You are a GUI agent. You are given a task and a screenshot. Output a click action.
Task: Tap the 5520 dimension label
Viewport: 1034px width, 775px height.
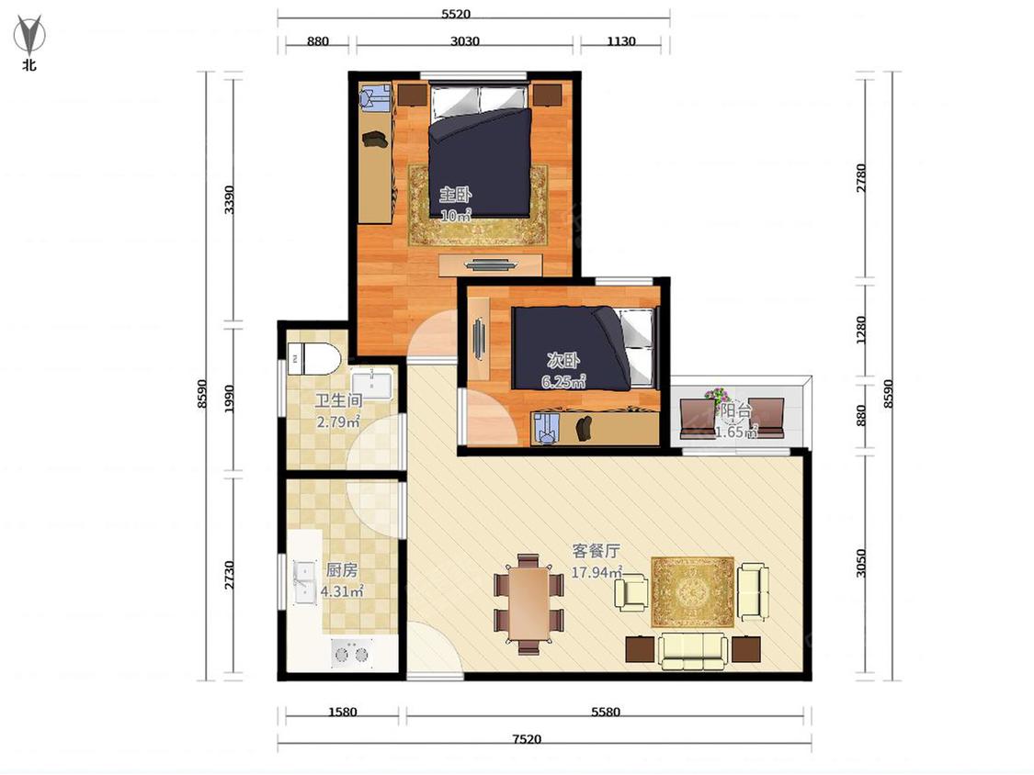pyautogui.click(x=456, y=14)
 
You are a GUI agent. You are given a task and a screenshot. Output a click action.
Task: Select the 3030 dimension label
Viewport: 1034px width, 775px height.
pyautogui.click(x=465, y=40)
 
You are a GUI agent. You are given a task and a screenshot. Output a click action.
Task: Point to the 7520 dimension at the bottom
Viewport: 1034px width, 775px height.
pyautogui.click(x=527, y=739)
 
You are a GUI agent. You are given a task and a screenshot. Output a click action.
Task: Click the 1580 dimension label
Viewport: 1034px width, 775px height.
pyautogui.click(x=342, y=712)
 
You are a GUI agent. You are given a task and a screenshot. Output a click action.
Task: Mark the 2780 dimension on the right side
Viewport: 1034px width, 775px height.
pyautogui.click(x=861, y=178)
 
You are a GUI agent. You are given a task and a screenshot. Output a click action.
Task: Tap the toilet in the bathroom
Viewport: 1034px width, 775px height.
pyautogui.click(x=313, y=359)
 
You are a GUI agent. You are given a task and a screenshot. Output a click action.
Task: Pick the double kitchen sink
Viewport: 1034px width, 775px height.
pyautogui.click(x=304, y=582)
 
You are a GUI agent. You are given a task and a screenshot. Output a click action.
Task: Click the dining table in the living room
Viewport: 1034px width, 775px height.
pyautogui.click(x=528, y=603)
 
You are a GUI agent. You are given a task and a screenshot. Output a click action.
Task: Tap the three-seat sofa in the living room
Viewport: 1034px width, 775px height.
pyautogui.click(x=692, y=651)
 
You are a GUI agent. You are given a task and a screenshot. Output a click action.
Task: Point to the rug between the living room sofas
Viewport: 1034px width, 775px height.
pyautogui.click(x=692, y=592)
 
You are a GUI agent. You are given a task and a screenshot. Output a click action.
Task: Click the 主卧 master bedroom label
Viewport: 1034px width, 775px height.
pyautogui.click(x=456, y=195)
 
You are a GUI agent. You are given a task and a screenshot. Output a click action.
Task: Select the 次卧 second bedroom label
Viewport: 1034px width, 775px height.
pyautogui.click(x=563, y=360)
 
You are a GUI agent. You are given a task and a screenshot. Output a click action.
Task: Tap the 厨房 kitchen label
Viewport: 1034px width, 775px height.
pyautogui.click(x=342, y=569)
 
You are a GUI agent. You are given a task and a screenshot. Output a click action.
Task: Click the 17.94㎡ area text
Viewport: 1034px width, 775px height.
pyautogui.click(x=597, y=572)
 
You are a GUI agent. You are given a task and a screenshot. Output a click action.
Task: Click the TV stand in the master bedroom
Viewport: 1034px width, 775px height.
pyautogui.click(x=491, y=265)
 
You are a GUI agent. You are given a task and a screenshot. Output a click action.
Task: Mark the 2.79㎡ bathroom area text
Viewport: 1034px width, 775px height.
pyautogui.click(x=338, y=421)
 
